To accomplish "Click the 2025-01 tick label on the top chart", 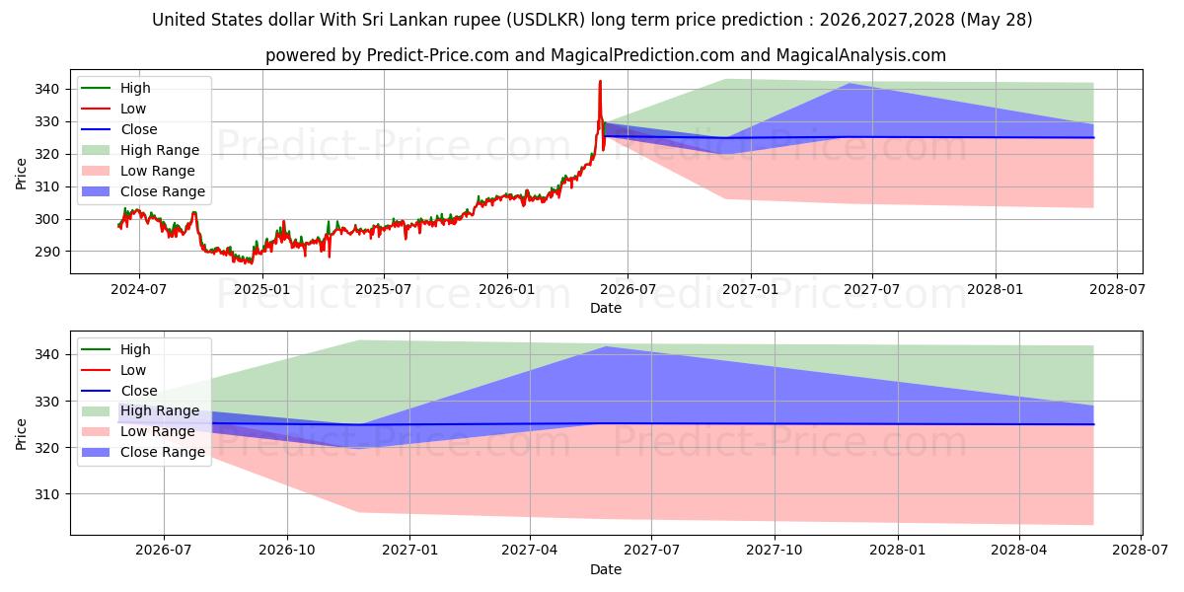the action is coord(261,290).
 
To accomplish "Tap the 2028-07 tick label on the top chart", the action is coord(1117,290).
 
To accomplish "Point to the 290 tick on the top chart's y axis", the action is coord(47,252).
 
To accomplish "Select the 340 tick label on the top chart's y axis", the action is coord(47,89).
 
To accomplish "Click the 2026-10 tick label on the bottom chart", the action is coord(287,551).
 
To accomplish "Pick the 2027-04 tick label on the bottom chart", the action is coord(529,551).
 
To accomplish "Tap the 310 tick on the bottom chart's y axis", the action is coord(47,494).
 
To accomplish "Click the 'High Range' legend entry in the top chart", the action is coord(140,150).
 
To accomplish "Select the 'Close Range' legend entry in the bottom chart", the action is coord(143,453).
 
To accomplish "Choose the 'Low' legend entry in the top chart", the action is coord(113,109).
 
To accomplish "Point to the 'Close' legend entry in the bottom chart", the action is coord(119,391).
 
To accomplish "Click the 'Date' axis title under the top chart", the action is coord(606,308).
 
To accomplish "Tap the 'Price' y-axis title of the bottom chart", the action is coord(21,434).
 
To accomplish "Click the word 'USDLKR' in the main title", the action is coord(546,20).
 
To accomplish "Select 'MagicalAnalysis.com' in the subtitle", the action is coord(861,55).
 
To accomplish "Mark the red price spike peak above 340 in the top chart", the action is coord(600,81).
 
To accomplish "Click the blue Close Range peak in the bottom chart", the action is coord(606,346).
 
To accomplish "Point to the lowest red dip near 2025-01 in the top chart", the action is coord(252,263).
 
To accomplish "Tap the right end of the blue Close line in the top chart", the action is coord(1093,137).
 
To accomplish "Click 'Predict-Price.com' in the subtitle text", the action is coord(438,55).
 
